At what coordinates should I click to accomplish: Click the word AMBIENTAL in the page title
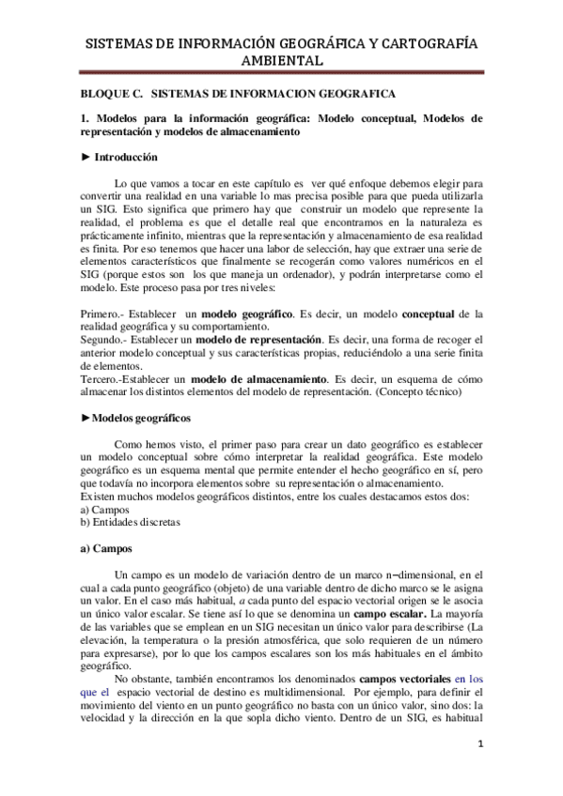[x=281, y=61]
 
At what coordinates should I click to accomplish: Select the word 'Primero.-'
[x=102, y=311]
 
